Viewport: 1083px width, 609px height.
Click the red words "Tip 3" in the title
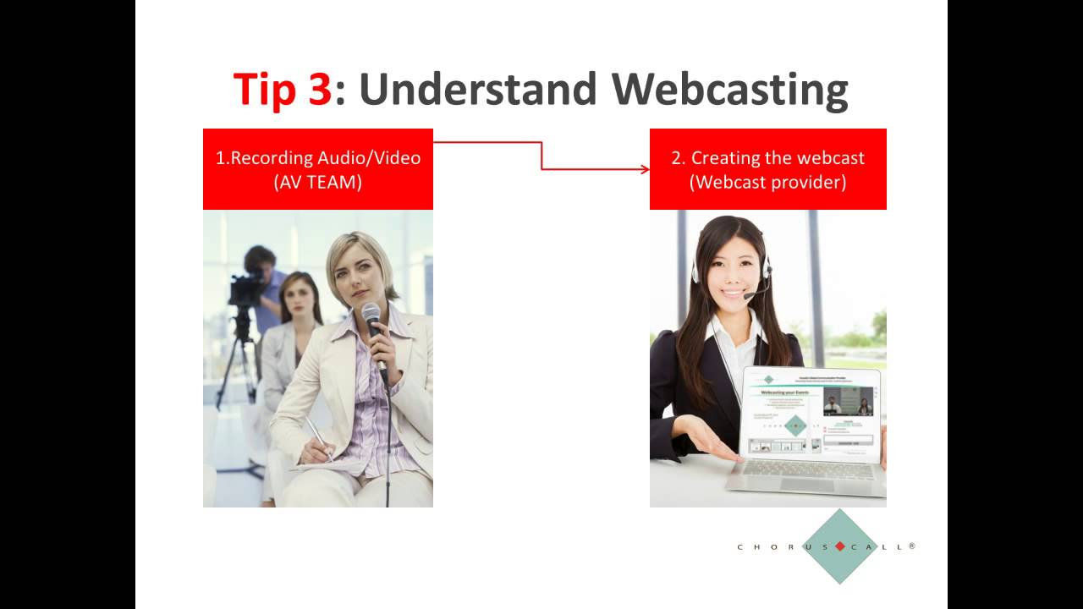(x=282, y=89)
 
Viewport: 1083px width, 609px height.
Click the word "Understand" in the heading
(x=478, y=89)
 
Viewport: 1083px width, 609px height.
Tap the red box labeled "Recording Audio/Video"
(x=318, y=169)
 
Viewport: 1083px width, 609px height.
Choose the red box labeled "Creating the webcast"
(x=767, y=169)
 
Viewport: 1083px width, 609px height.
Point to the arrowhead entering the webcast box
(x=645, y=169)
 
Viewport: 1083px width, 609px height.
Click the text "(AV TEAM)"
(x=318, y=182)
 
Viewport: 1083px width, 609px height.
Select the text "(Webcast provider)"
(x=767, y=182)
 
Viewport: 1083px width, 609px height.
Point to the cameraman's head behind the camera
(x=259, y=258)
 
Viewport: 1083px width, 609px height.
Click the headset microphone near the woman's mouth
(x=749, y=295)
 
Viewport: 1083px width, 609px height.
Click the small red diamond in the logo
(x=839, y=546)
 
